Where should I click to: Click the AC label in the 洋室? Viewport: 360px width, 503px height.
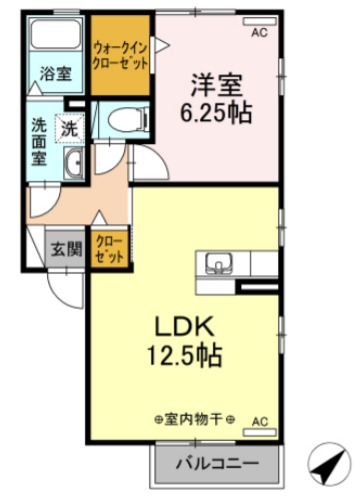point(258,33)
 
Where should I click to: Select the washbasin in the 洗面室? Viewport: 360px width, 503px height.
point(74,165)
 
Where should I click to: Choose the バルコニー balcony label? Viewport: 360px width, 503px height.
point(219,464)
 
